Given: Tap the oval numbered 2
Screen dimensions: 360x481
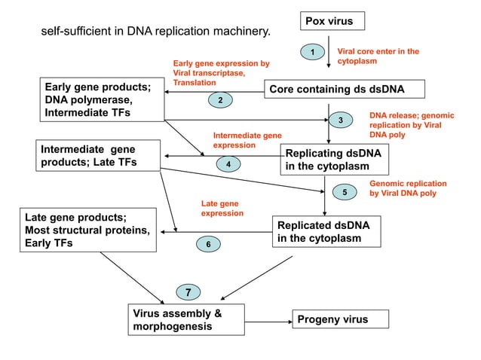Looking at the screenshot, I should coord(219,100).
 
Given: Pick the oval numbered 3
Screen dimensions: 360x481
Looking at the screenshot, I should coord(340,121).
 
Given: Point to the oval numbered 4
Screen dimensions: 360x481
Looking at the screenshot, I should coord(228,163).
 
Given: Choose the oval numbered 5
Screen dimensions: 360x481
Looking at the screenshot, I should coord(345,193).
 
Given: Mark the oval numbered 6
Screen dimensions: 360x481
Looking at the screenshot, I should coord(208,244).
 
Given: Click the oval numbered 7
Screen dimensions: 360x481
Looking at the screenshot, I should coord(188,291).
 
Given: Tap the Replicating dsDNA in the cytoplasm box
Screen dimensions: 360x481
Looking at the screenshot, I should coord(332,159).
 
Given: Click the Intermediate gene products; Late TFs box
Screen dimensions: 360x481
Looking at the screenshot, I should coord(100,154).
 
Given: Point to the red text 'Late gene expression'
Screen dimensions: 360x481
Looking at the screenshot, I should coord(222,209).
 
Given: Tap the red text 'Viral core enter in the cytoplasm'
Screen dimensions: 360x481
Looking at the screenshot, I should coord(377,55).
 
